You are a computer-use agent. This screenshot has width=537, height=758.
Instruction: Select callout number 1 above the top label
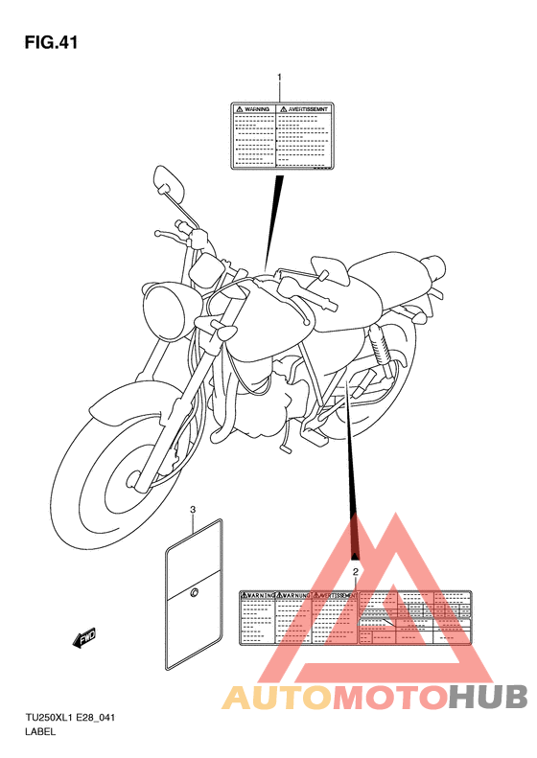[x=279, y=77]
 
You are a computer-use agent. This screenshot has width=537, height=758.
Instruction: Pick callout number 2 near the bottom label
[x=356, y=572]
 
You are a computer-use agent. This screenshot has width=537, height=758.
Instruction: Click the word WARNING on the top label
[x=254, y=110]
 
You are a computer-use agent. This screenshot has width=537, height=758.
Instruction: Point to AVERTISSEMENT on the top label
[x=306, y=110]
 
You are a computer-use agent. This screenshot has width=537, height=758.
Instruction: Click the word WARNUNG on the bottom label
[x=294, y=596]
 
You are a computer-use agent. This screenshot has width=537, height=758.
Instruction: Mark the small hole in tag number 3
[x=193, y=594]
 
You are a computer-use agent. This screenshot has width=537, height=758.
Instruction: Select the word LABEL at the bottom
[x=40, y=733]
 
